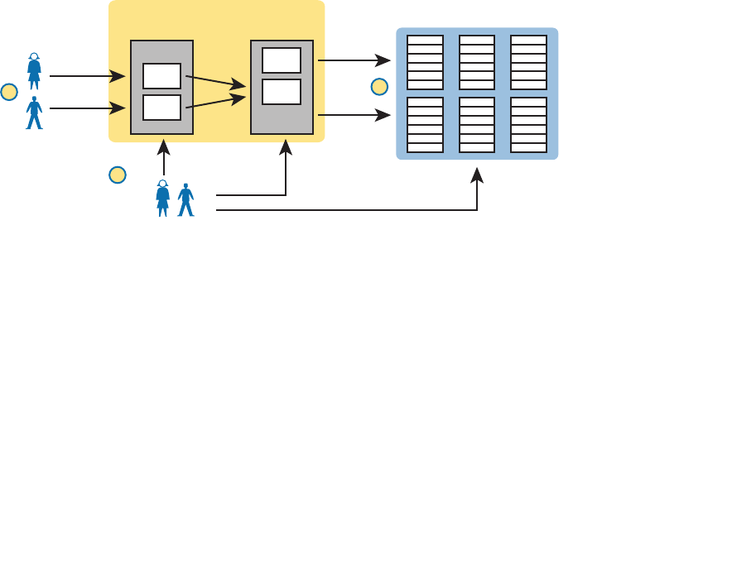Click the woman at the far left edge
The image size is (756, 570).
point(34,71)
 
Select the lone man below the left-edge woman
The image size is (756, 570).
point(34,113)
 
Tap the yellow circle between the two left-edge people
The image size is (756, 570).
point(9,92)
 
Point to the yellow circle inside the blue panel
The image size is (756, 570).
point(379,86)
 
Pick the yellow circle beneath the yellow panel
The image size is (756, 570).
point(118,175)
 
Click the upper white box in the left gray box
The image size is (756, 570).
point(161,76)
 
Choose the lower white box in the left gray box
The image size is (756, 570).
point(161,108)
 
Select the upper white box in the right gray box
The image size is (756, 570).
point(282,60)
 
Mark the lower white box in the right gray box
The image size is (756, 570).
point(282,91)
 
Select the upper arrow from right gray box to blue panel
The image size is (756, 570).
point(354,60)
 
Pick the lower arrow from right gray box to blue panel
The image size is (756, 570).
point(354,115)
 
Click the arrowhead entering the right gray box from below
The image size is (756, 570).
point(286,146)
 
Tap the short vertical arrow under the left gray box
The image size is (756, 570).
point(164,157)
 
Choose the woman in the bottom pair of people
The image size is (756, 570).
point(163,199)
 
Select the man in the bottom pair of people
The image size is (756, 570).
point(186,199)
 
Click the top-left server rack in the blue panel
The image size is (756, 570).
point(425,62)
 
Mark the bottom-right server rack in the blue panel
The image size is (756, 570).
point(528,125)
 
